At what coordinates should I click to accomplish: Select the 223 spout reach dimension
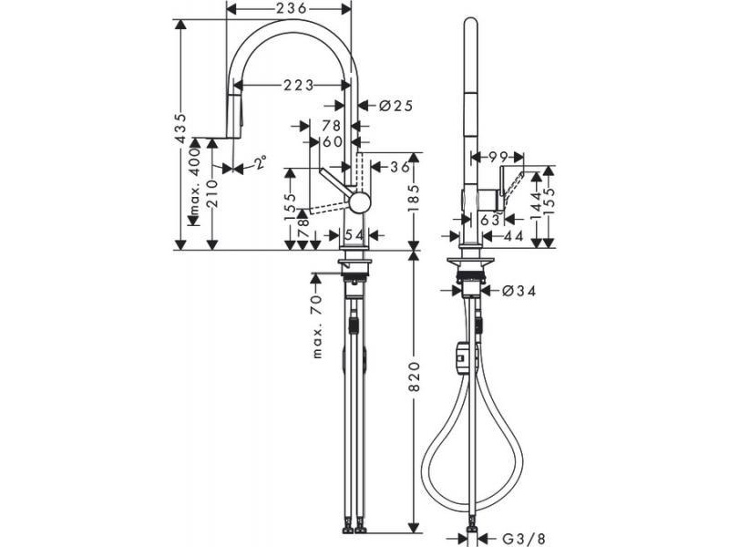299,85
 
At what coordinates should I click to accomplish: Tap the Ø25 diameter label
395,106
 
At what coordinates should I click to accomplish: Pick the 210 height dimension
212,195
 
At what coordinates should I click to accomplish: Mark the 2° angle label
261,162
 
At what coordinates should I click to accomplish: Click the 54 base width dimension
355,235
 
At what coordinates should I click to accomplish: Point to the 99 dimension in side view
498,157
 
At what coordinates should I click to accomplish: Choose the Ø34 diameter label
519,291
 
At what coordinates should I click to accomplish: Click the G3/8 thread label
523,540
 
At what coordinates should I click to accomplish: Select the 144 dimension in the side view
537,205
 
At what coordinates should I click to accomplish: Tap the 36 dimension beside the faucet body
399,167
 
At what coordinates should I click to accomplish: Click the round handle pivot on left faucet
360,203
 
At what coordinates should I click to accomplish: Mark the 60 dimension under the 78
333,141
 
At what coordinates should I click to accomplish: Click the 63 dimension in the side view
490,220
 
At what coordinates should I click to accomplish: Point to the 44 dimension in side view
514,236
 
